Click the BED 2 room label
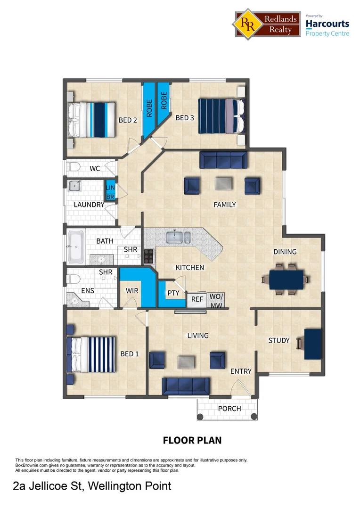pyautogui.click(x=128, y=120)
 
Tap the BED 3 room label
pyautogui.click(x=185, y=118)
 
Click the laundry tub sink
pyautogui.click(x=74, y=187)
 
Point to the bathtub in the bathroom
pyautogui.click(x=75, y=246)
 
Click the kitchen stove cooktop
pyautogui.click(x=149, y=256)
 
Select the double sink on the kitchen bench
pyautogui.click(x=178, y=237)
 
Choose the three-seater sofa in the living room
pyautogui.click(x=188, y=386)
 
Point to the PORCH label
pyautogui.click(x=229, y=409)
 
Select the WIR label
pyautogui.click(x=132, y=291)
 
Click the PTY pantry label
pyautogui.click(x=173, y=293)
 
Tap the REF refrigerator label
pyautogui.click(x=197, y=299)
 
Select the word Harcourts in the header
pyautogui.click(x=327, y=24)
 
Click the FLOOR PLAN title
pyautogui.click(x=192, y=441)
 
